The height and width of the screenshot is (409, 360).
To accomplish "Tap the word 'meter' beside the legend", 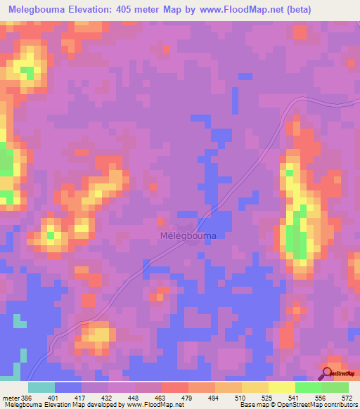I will point(10,397).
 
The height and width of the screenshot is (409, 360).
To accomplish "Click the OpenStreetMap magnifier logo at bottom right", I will point(326,374).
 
